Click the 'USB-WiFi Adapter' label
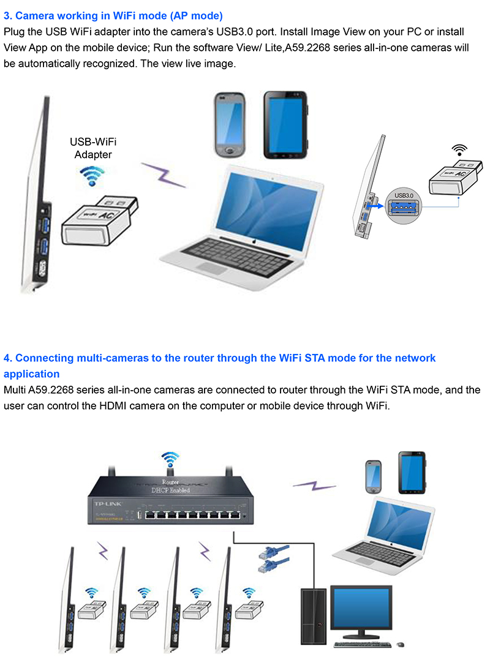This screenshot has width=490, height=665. (93, 149)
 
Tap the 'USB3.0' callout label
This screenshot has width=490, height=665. (405, 195)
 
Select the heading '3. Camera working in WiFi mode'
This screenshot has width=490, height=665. (113, 15)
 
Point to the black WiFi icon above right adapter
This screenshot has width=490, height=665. (458, 149)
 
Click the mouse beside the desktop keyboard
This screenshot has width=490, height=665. (401, 644)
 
